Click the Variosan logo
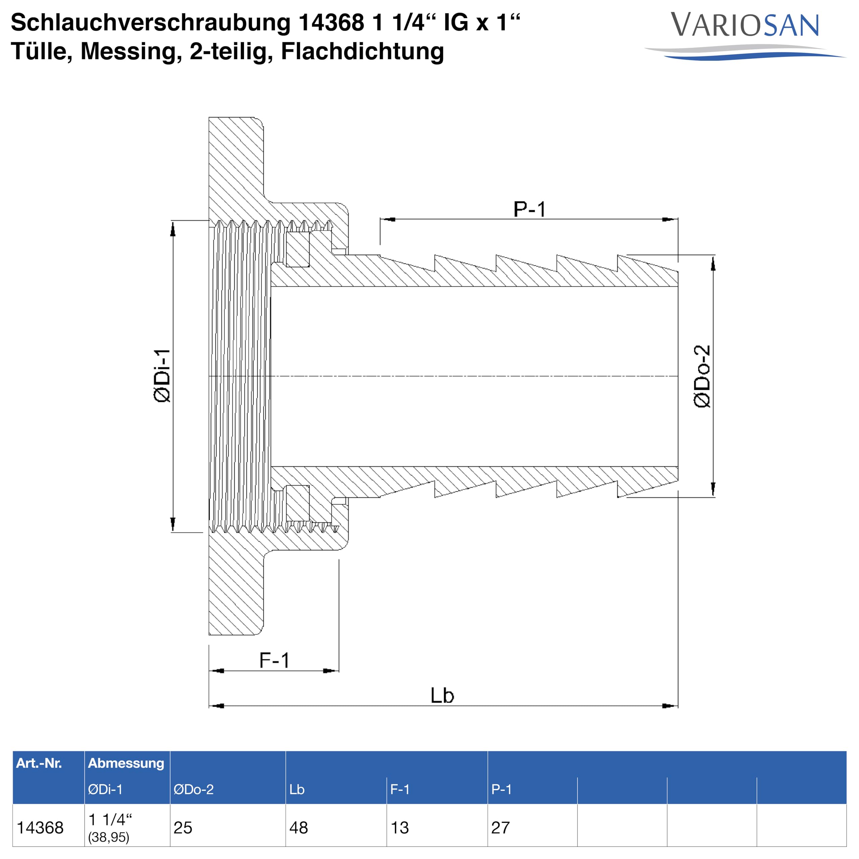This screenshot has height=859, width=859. (745, 36)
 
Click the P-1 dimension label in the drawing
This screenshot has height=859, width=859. (529, 209)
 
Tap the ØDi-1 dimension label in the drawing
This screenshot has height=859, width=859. (162, 376)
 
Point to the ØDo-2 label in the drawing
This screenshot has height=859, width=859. (702, 376)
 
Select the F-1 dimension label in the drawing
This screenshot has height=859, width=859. (274, 660)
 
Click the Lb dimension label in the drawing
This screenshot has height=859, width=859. (442, 695)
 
